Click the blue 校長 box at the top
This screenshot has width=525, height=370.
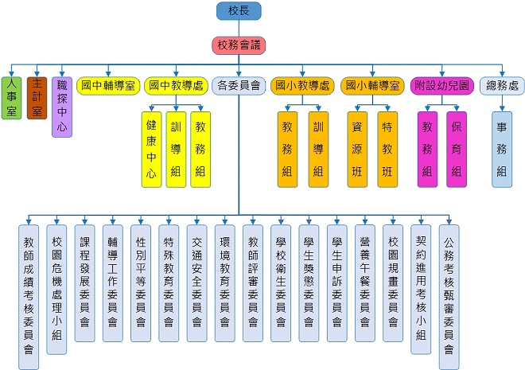point(239,11)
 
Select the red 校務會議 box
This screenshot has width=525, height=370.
point(239,45)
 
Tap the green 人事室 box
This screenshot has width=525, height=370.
point(11,98)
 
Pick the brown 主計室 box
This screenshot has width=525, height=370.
point(37,98)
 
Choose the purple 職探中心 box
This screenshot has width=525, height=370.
point(62,106)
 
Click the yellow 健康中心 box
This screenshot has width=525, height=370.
point(151,149)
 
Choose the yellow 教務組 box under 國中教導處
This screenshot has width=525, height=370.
point(200,149)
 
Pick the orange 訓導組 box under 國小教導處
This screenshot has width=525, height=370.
point(318,149)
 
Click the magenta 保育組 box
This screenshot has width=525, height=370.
point(457,149)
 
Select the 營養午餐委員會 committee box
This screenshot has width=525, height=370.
point(365,282)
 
